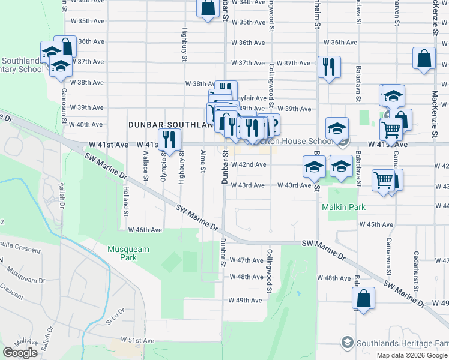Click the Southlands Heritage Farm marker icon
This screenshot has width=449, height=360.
coord(347,343)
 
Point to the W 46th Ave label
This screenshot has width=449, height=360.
coord(145,229)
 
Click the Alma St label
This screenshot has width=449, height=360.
coord(203,161)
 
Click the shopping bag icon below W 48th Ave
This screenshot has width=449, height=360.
coord(364,298)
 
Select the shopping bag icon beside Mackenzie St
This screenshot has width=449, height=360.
coord(424,58)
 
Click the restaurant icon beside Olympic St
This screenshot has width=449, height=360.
coord(169,139)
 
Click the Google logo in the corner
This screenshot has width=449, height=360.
coord(20,353)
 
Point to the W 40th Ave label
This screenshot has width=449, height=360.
coord(86,125)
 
